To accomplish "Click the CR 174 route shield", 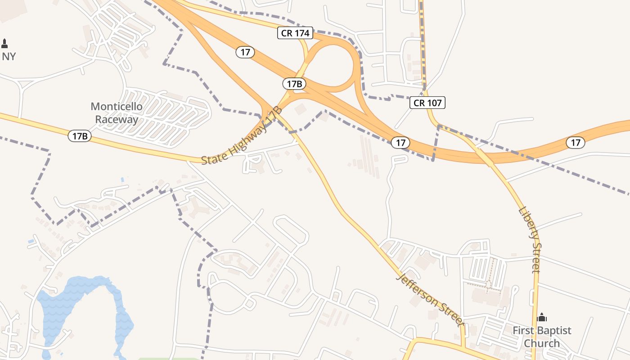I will pyautogui.click(x=295, y=33).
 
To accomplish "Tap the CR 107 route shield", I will pyautogui.click(x=427, y=103).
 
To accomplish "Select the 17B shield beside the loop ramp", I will pyautogui.click(x=294, y=84).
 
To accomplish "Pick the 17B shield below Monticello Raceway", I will pyautogui.click(x=80, y=136).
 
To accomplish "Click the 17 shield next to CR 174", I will pyautogui.click(x=245, y=52).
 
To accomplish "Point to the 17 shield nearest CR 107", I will pyautogui.click(x=400, y=143).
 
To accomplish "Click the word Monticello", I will pyautogui.click(x=117, y=107).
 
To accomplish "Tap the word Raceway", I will pyautogui.click(x=117, y=119).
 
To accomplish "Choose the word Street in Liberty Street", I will pyautogui.click(x=535, y=258).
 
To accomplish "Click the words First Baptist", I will pyautogui.click(x=542, y=331).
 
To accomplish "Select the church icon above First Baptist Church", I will pyautogui.click(x=542, y=317).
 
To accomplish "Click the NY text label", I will pyautogui.click(x=9, y=57).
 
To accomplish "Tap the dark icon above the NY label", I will pyautogui.click(x=5, y=44).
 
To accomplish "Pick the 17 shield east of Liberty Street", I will pyautogui.click(x=575, y=143).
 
